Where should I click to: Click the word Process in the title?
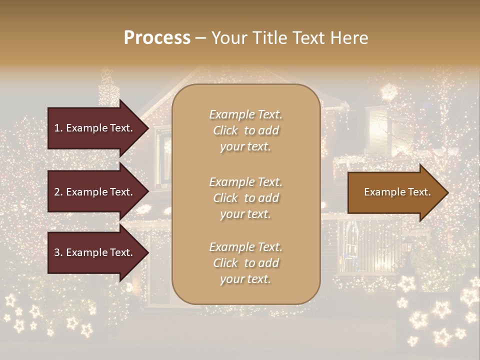coord(157,38)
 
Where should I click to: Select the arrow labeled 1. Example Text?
coord(95,128)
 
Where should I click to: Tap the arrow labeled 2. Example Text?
coord(95,192)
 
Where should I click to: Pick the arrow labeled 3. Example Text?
coord(95,252)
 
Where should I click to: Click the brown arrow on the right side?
coord(395,192)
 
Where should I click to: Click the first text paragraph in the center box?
coord(245,130)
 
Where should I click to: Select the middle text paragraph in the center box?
coord(245,198)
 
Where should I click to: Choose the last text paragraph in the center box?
coord(245,263)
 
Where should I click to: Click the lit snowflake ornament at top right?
coord(388,92)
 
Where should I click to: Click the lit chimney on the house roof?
coord(108,90)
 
